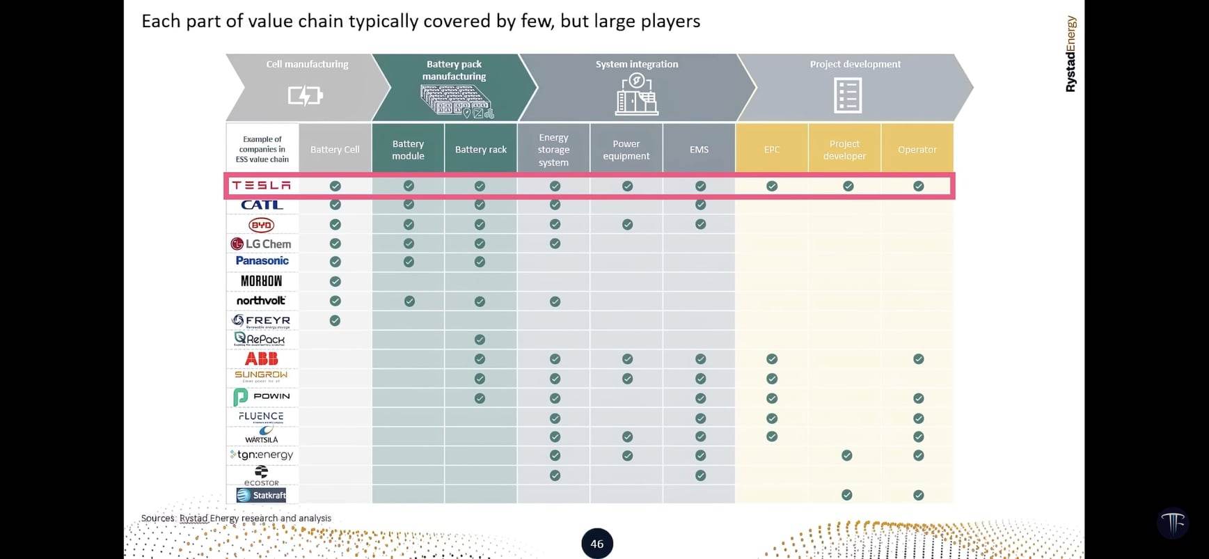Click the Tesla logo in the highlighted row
click(261, 185)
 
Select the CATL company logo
click(262, 205)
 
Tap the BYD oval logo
click(262, 225)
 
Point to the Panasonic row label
click(262, 261)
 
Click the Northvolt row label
click(261, 301)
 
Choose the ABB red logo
click(262, 359)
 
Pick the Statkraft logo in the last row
click(262, 495)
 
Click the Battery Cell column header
click(335, 150)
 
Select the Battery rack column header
click(480, 150)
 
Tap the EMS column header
click(699, 150)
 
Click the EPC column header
click(772, 150)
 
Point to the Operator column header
click(917, 150)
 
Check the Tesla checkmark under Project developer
click(848, 186)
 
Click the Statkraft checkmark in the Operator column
click(919, 495)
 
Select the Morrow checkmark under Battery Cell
click(335, 281)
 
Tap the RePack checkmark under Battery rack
click(480, 340)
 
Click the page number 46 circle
click(597, 544)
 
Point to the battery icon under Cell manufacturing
click(306, 95)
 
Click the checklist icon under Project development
click(848, 95)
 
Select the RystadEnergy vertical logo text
click(1070, 54)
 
